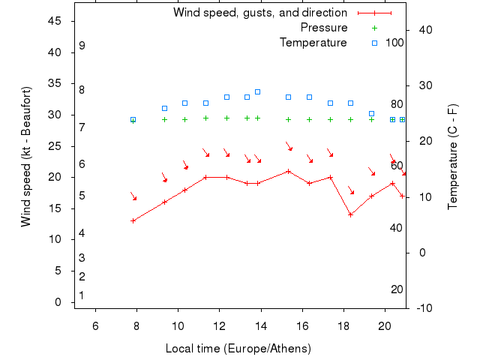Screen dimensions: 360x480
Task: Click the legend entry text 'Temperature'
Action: click(313, 43)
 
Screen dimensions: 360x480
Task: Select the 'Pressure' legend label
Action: click(324, 28)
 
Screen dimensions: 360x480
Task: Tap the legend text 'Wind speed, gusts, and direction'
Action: click(260, 13)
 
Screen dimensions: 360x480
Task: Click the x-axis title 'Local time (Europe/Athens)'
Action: click(238, 349)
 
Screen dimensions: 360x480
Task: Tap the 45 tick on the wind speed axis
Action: click(55, 21)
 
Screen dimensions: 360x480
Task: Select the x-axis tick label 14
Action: click(261, 325)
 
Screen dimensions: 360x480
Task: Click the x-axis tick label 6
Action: click(95, 325)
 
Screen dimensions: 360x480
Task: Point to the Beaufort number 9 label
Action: click(82, 46)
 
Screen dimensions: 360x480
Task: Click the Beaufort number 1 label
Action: click(82, 295)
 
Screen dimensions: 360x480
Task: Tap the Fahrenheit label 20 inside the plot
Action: click(397, 289)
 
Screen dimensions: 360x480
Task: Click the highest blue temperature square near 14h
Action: click(257, 91)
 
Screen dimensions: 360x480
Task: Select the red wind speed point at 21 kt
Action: click(288, 171)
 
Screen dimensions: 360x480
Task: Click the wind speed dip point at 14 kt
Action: click(350, 214)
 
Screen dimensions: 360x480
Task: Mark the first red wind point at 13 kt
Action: click(133, 220)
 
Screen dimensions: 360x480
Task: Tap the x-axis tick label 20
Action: click(385, 325)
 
